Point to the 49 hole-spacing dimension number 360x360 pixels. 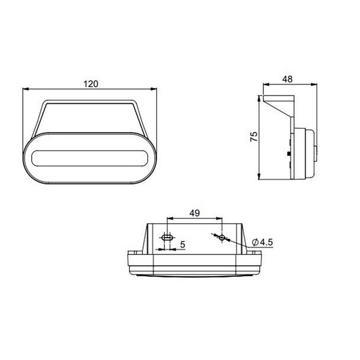point(195,212)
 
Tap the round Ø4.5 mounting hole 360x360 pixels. point(222,238)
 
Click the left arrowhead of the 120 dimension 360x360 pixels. point(25,90)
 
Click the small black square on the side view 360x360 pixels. point(290,154)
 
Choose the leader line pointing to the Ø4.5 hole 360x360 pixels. point(237,243)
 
